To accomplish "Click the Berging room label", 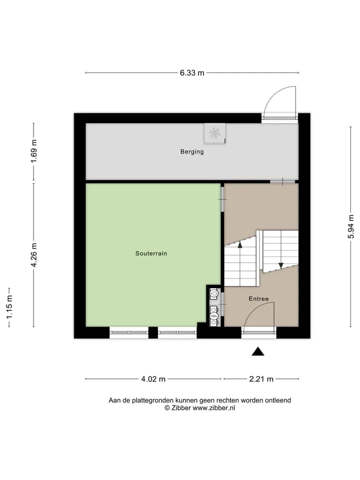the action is point(192,151).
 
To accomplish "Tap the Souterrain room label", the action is point(151,253).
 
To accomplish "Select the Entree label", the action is point(258,299).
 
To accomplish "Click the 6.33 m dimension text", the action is point(192,73).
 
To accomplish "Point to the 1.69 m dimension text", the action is point(34,151).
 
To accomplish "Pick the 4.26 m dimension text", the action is point(34,255).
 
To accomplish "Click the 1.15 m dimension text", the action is point(9,307).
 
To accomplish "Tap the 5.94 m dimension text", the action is point(351,226).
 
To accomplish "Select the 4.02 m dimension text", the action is point(153,379).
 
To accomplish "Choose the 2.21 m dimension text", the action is point(261,379).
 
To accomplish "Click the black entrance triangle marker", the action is point(258,351).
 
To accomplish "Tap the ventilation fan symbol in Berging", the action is point(214,133).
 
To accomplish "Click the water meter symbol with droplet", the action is point(214,294).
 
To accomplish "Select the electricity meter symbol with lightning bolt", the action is point(214,315).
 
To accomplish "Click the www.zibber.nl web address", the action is point(213,408).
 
